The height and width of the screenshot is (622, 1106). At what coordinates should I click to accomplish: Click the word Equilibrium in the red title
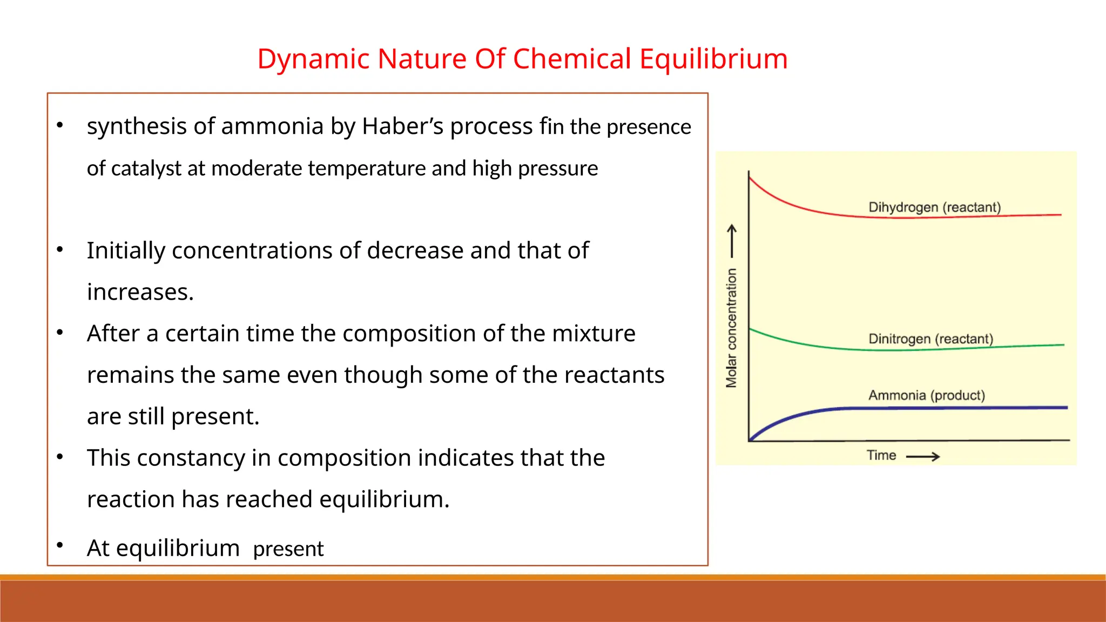pyautogui.click(x=713, y=59)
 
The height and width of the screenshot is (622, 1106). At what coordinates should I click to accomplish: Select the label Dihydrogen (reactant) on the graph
pyautogui.click(x=934, y=207)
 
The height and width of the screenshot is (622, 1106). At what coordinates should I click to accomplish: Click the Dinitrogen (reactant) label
pyautogui.click(x=930, y=339)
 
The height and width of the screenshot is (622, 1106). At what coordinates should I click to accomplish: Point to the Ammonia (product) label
pyautogui.click(x=927, y=395)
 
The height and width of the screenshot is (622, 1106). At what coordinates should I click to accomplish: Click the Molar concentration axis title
pyautogui.click(x=731, y=328)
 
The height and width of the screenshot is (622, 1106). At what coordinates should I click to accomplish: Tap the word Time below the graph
pyautogui.click(x=881, y=456)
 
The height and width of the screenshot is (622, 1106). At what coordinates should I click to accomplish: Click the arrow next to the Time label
pyautogui.click(x=923, y=457)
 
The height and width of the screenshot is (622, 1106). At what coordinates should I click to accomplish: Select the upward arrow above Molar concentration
pyautogui.click(x=732, y=241)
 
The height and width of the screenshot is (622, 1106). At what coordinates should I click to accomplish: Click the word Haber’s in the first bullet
pyautogui.click(x=402, y=127)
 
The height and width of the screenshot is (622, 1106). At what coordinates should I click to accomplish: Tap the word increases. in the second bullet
pyautogui.click(x=140, y=292)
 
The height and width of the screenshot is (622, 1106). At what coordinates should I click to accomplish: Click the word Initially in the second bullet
pyautogui.click(x=126, y=251)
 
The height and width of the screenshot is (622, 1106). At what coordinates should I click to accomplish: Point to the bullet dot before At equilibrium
pyautogui.click(x=60, y=544)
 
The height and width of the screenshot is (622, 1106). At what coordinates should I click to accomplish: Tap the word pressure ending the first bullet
pyautogui.click(x=558, y=169)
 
